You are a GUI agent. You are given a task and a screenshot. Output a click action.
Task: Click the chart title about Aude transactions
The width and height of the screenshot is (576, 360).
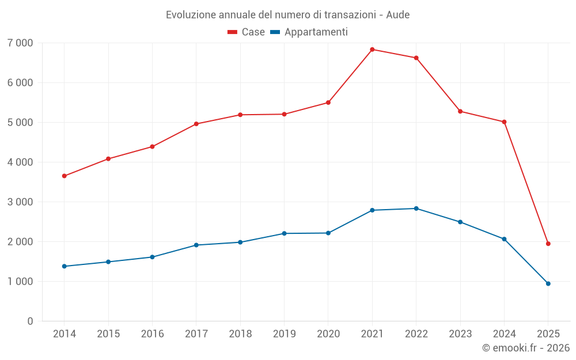[287, 14]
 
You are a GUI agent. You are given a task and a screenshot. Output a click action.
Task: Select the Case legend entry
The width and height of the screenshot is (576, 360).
[246, 32]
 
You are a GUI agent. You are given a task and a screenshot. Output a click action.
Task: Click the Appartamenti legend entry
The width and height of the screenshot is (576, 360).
[309, 32]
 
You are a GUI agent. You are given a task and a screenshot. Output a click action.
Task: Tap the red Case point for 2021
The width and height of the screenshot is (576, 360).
[372, 50]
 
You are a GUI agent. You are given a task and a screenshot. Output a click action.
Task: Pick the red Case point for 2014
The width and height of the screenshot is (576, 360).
[64, 176]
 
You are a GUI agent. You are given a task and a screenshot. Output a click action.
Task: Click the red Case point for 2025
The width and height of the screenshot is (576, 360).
[548, 244]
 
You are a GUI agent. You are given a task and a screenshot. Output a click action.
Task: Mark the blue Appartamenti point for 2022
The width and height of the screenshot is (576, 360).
[416, 209]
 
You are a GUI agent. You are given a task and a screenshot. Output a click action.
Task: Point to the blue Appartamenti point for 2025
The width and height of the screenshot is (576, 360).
[548, 283]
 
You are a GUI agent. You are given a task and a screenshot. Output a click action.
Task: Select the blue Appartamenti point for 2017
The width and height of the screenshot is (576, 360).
[196, 245]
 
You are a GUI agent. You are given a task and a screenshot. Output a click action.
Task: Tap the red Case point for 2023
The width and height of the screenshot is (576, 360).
[460, 111]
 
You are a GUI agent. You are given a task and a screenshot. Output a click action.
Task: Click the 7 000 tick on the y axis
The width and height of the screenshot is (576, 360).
[20, 43]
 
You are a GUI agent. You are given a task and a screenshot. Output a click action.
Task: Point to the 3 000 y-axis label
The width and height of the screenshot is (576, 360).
[20, 202]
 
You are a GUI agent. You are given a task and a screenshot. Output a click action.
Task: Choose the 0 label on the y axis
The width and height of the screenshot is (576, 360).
[30, 321]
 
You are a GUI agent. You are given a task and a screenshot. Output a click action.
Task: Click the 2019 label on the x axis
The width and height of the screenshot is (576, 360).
[284, 334]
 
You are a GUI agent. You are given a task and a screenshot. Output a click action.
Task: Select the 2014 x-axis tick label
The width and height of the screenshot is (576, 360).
[64, 334]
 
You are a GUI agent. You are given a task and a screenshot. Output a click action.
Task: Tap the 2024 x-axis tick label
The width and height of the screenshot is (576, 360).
[504, 334]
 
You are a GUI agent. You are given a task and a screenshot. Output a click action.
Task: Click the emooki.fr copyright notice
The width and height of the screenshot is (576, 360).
[525, 348]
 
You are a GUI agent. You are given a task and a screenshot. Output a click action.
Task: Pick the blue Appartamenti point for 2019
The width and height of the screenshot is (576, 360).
[284, 233]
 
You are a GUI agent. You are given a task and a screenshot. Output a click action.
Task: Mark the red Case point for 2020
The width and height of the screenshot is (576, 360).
[328, 103]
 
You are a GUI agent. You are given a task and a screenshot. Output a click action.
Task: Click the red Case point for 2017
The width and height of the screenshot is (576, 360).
[196, 124]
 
